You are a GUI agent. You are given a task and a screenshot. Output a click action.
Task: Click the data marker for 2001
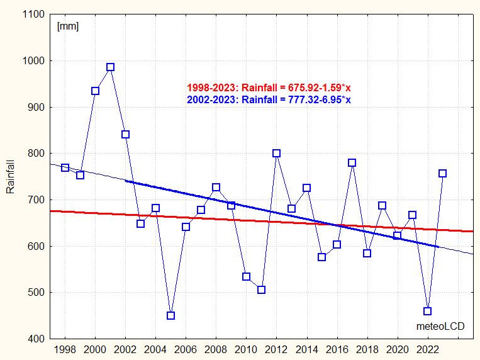[x=110, y=67]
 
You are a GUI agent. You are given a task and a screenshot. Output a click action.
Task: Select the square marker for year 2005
[x=170, y=315]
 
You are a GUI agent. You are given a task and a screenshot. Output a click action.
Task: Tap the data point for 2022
[x=427, y=311]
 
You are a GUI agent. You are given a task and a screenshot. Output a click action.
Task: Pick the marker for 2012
[x=276, y=153]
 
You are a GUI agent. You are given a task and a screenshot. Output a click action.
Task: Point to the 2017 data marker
[x=352, y=162]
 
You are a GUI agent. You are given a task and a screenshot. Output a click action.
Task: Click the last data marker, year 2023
[x=442, y=173]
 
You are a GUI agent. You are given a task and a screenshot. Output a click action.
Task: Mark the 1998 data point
[x=65, y=167]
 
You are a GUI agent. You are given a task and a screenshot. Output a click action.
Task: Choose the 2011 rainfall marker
[x=261, y=290]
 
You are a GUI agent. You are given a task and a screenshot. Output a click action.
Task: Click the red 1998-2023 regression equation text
[x=269, y=88]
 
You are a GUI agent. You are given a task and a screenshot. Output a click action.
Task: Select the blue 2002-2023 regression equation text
[x=269, y=99]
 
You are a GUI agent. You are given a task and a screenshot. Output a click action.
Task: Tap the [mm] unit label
[x=67, y=26]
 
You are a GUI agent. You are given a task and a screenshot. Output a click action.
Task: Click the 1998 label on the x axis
[x=65, y=350]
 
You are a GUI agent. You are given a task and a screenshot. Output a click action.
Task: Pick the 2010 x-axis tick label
[x=246, y=350]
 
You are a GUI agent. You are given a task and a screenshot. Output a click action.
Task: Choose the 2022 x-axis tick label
[x=427, y=350]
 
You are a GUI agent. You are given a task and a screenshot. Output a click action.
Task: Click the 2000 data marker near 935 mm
[x=95, y=91]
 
